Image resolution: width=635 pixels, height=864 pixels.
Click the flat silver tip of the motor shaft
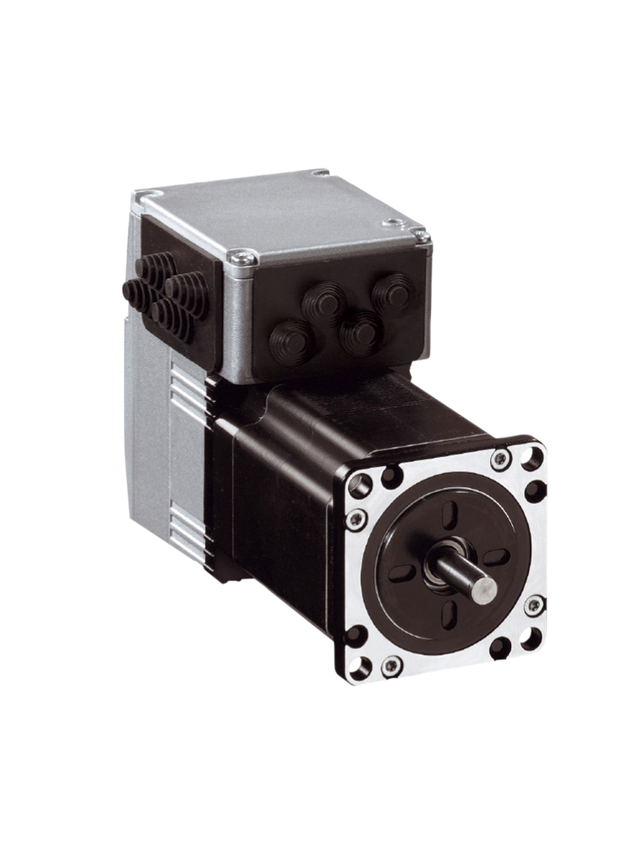click(x=484, y=587)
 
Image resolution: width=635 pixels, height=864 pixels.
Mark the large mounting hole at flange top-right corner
click(x=532, y=460)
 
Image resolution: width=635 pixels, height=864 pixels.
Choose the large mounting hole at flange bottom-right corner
click(x=531, y=639)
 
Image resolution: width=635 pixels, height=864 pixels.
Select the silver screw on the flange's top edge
click(x=501, y=460)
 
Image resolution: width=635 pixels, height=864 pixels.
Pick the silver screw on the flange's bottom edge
click(x=391, y=666)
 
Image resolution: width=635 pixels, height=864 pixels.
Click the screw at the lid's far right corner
click(x=420, y=235)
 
